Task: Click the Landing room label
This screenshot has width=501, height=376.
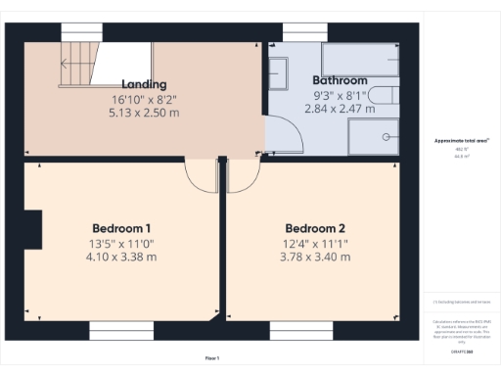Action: (x=144, y=84)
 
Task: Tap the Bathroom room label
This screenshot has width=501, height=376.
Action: (x=340, y=80)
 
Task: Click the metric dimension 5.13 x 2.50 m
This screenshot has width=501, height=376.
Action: (x=144, y=113)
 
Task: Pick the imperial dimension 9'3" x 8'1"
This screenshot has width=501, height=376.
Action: (x=340, y=97)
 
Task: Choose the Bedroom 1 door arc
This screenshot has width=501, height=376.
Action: (x=201, y=176)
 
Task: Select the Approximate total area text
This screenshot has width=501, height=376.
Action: (x=461, y=141)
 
